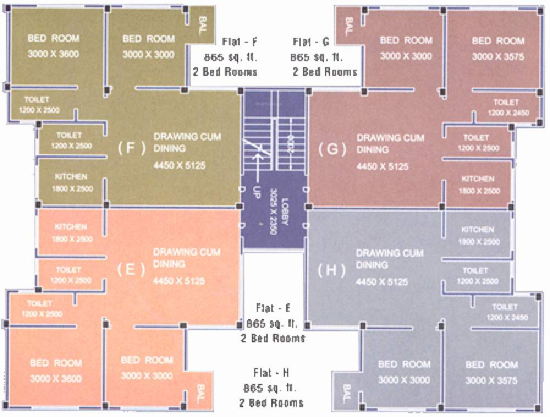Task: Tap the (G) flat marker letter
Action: [332, 149]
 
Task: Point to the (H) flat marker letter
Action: [332, 271]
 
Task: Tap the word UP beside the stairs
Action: [256, 192]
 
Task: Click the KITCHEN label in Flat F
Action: [71, 177]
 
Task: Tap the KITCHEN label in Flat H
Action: [477, 229]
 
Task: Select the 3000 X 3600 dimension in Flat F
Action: [54, 54]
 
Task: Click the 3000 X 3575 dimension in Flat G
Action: [498, 57]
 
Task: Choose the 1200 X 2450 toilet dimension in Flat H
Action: [507, 317]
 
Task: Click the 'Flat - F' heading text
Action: [240, 42]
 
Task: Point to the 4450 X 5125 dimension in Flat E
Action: [179, 281]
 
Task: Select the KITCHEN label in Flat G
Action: [477, 179]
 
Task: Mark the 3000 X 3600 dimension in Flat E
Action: [56, 378]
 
